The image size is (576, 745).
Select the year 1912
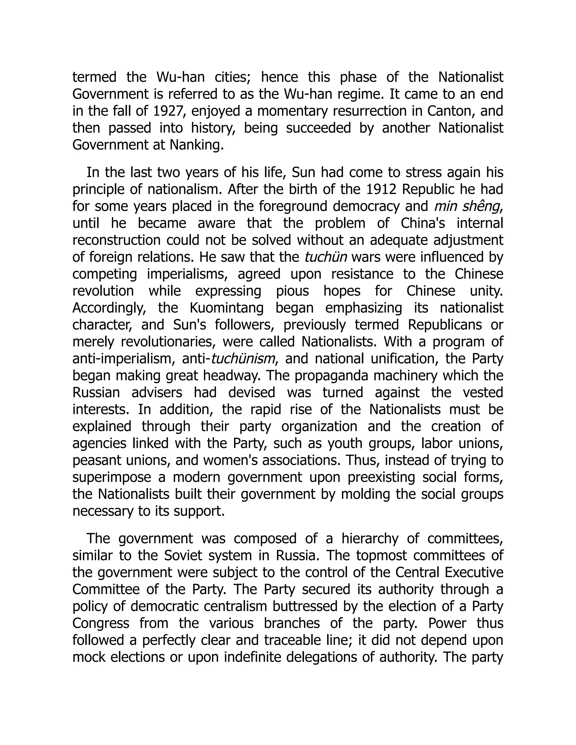click(381, 189)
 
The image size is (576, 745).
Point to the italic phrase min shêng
click(468, 206)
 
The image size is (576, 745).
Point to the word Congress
click(101, 624)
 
